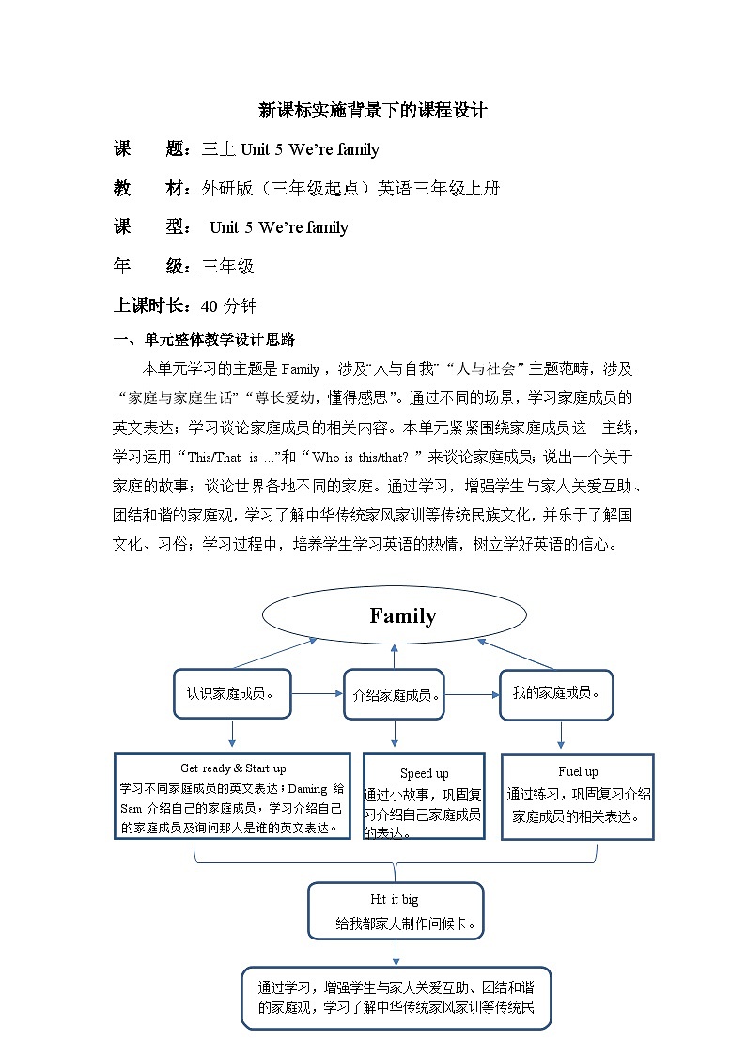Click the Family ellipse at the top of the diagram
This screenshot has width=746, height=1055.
pos(394,616)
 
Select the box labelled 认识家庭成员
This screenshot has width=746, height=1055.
pos(232,694)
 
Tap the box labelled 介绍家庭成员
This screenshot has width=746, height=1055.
pos(394,695)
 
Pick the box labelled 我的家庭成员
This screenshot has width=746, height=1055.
pos(556,693)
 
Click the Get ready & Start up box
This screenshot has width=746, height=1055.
pos(232,797)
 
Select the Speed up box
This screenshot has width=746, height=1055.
pos(424,796)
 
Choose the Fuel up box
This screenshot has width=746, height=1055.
pos(577,795)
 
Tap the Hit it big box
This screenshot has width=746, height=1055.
pos(395,910)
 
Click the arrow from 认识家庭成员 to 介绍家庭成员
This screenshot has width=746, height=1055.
pos(318,694)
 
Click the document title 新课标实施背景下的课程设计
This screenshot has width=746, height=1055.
pos(373,110)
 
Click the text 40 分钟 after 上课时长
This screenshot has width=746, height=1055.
pos(229,306)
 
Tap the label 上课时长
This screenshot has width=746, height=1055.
pos(152,306)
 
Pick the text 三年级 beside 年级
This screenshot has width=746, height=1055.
pos(228,267)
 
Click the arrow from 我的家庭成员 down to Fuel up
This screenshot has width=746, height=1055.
pos(561,736)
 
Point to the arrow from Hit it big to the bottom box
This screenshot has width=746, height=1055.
pos(396,952)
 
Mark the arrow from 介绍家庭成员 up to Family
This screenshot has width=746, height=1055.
pos(395,656)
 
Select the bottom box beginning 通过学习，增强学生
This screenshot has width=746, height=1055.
pos(396,998)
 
